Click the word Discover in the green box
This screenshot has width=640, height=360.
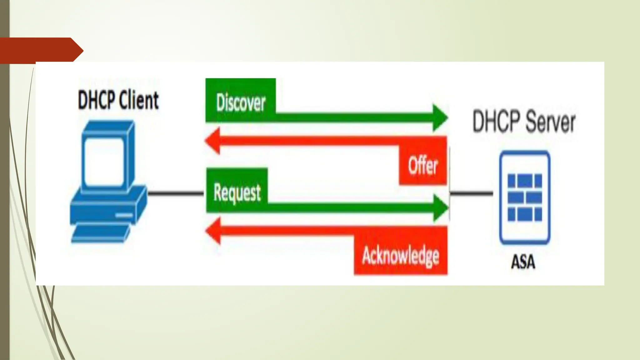(241, 102)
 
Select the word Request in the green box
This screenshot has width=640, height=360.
(237, 192)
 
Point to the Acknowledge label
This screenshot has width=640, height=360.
(401, 256)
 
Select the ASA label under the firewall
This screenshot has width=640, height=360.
(523, 262)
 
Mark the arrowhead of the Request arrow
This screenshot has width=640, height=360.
(441, 208)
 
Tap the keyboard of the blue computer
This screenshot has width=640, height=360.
(100, 234)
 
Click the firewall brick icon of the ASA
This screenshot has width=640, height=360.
(525, 197)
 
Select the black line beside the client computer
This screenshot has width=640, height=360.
(176, 193)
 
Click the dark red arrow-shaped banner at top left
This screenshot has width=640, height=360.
(41, 50)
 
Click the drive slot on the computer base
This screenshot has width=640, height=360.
(124, 215)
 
